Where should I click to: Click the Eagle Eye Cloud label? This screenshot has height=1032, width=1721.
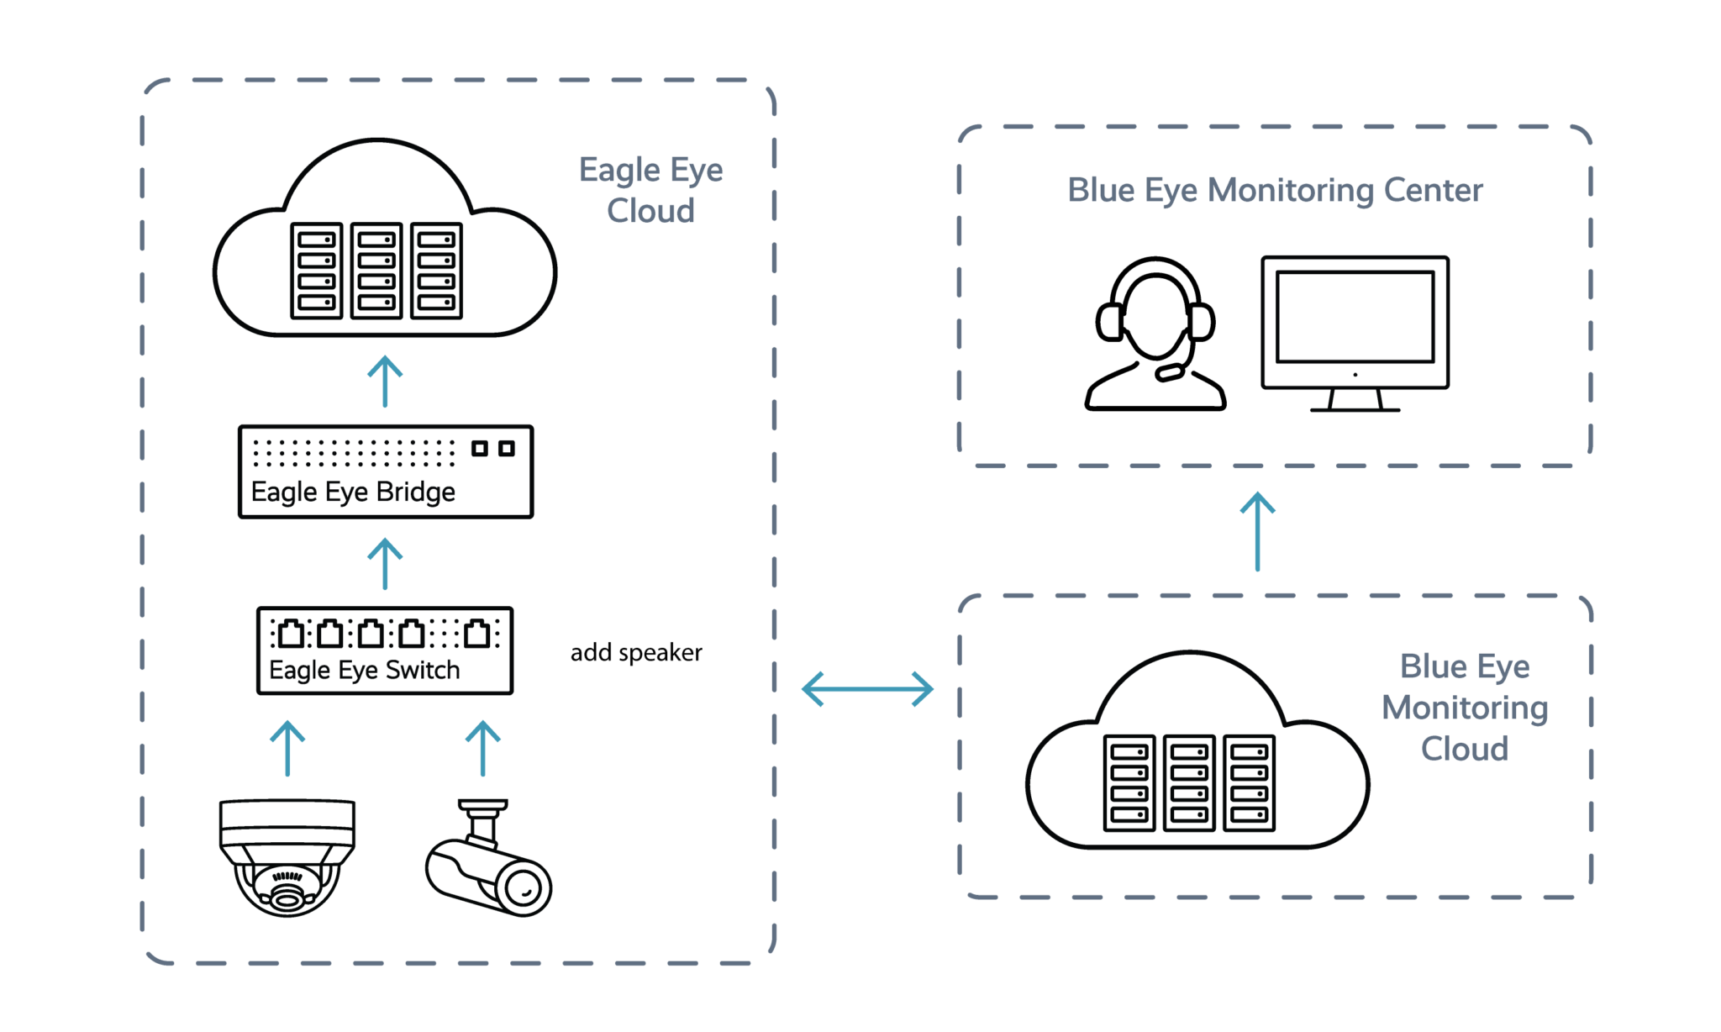click(x=650, y=191)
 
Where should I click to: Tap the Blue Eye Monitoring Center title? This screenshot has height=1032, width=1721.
click(x=1274, y=191)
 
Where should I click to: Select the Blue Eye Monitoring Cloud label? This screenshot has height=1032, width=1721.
click(x=1464, y=708)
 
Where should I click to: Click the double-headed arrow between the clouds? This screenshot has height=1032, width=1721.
click(x=867, y=689)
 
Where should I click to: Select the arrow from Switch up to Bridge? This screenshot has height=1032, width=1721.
click(x=385, y=564)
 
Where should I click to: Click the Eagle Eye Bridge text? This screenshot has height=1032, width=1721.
click(x=354, y=492)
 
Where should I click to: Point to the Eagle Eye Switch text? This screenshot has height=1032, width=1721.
click(x=365, y=671)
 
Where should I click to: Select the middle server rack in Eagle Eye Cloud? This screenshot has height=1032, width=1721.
click(x=376, y=271)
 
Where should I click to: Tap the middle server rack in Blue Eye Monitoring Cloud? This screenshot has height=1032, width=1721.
click(x=1189, y=782)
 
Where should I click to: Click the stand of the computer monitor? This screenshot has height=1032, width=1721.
click(x=1355, y=401)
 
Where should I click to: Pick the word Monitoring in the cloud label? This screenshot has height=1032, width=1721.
click(x=1464, y=708)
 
